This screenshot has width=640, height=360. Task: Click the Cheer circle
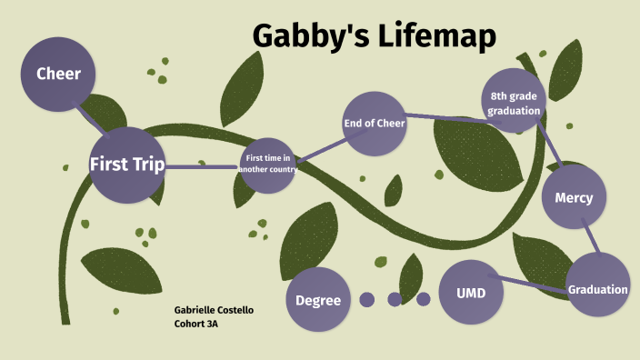(x=58, y=74)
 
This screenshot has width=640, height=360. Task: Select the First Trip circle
(x=126, y=165)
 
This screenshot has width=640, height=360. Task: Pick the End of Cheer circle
(x=374, y=124)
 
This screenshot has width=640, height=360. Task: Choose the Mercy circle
(x=574, y=197)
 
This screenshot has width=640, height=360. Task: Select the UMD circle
(x=471, y=293)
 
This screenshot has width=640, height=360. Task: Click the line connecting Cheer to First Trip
(x=90, y=117)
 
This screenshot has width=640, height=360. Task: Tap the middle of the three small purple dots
(x=395, y=299)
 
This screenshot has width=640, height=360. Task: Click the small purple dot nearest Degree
(x=367, y=299)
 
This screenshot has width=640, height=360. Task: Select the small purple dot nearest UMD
(x=423, y=299)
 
